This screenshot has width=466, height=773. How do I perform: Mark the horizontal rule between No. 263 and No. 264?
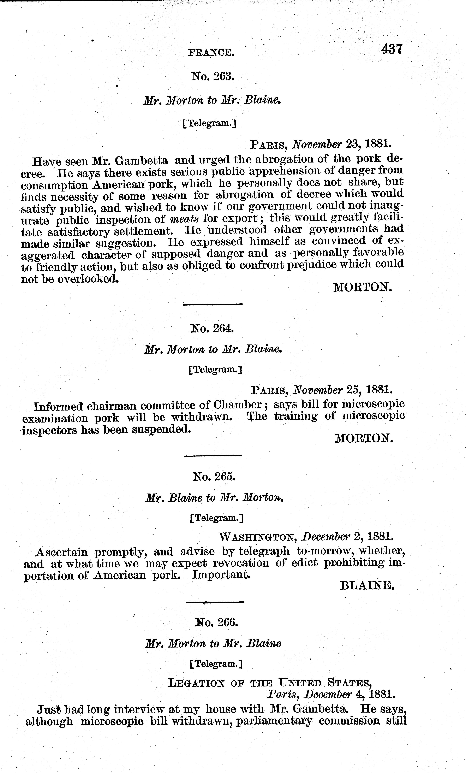click(x=213, y=304)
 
